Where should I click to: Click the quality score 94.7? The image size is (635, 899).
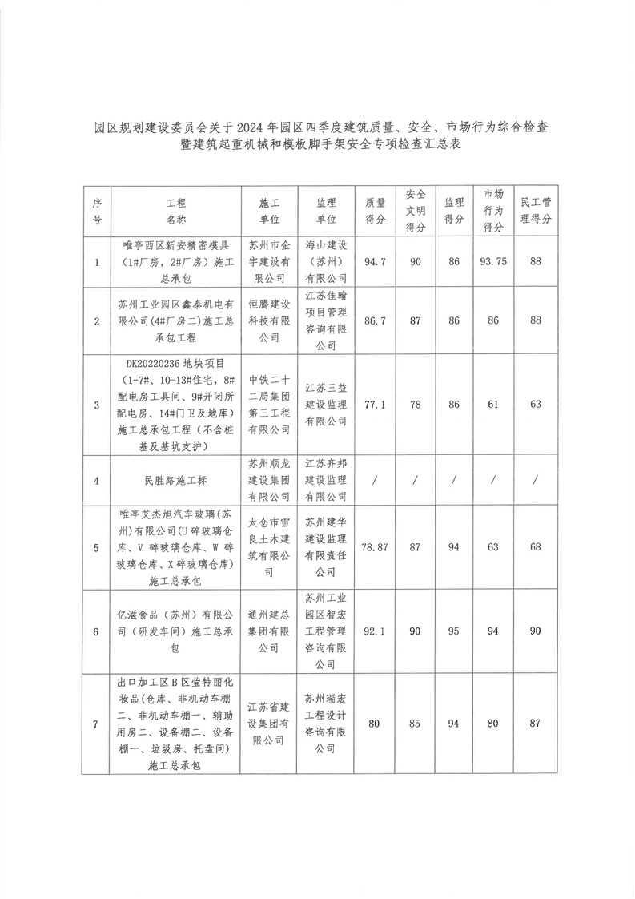coord(376,262)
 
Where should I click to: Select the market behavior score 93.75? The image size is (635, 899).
coord(494,262)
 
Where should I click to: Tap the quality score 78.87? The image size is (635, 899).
coord(376,547)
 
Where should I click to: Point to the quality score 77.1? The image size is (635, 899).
coord(376,405)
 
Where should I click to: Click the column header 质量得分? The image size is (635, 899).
coord(376,211)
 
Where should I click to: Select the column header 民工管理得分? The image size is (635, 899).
coord(536,211)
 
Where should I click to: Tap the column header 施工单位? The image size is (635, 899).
coord(269,211)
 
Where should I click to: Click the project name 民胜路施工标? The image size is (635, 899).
coord(176,481)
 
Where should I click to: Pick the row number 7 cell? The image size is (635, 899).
coord(96,724)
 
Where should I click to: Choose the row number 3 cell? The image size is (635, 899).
coord(96,405)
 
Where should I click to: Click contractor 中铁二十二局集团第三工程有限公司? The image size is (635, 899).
coord(269,405)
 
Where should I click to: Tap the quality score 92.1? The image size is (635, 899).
coord(376,631)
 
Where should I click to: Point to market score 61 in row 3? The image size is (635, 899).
coord(494,405)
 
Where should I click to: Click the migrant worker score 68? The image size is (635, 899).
coord(536,547)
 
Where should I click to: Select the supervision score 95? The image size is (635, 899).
coord(454,631)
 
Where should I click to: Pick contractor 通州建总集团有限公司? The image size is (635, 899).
coord(269,631)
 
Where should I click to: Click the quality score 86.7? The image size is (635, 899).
coord(376,320)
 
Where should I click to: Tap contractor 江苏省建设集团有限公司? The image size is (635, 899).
coord(269,724)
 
